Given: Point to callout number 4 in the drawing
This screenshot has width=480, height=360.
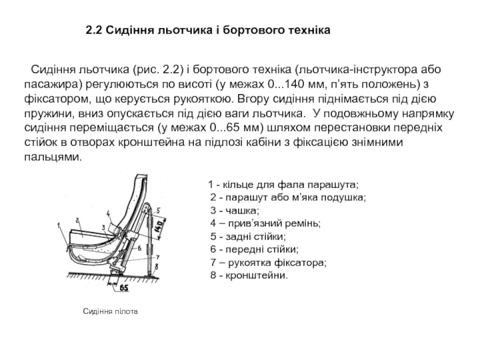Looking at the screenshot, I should point(108,212).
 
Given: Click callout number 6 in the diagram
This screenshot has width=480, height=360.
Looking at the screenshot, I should point(139,247).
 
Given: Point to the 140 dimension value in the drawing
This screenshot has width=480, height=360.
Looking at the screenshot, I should point(159,227).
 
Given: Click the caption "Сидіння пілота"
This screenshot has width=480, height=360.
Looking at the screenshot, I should point(110,312).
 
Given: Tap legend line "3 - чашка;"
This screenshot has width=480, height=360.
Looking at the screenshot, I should point(235,210).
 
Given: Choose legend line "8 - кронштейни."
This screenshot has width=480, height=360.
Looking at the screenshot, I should point(249,276).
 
